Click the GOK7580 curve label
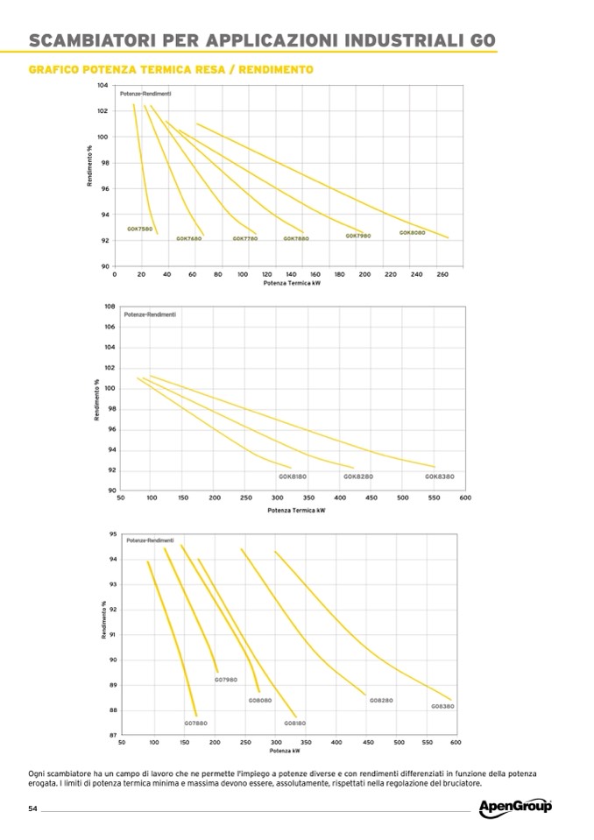140,229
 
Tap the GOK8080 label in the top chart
412,233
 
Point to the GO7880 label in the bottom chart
195,723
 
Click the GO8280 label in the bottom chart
380,701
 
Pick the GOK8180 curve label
293,476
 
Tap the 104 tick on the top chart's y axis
103,86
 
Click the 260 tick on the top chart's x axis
442,275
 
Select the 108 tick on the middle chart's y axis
110,307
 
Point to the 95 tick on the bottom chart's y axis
112,533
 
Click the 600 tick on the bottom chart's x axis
455,743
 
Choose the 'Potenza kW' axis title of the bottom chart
285,751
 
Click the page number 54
32,808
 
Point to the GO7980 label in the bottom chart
226,680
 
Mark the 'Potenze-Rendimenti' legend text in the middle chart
150,314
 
